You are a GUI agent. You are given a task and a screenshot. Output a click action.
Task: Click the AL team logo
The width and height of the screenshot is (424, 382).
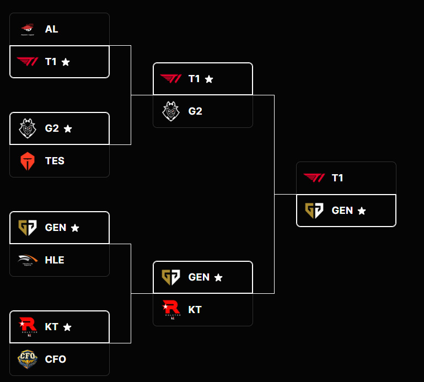tap(27, 29)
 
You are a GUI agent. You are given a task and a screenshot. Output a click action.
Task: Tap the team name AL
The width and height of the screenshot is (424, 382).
tap(51, 29)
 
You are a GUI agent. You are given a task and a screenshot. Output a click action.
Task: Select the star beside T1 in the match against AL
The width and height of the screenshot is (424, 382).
tap(66, 62)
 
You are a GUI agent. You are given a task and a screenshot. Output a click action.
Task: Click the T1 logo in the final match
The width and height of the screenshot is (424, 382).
tap(314, 177)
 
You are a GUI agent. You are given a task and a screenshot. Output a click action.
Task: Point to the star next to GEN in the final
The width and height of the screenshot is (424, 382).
tap(362, 211)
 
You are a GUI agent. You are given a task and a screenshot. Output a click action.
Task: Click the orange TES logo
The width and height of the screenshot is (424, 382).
tap(27, 161)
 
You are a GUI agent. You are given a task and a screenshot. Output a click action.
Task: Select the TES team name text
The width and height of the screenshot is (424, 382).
tap(55, 161)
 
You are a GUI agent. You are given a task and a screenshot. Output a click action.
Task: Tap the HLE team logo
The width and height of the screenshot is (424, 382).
tap(27, 260)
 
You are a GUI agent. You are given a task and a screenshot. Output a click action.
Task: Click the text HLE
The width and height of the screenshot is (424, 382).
tap(55, 260)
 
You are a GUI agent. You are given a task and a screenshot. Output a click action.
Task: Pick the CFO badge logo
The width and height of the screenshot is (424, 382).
tap(27, 359)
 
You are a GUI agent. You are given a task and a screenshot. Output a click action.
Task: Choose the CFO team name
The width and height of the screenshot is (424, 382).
tap(55, 359)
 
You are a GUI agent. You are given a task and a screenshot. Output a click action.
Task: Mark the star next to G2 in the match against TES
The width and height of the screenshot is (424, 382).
tap(68, 128)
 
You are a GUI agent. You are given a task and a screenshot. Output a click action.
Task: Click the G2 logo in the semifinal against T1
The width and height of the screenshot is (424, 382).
tap(170, 111)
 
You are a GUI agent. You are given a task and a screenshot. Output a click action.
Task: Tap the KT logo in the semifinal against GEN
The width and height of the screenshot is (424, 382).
tap(170, 310)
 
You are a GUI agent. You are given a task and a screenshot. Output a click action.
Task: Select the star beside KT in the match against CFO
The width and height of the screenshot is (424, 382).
tap(67, 327)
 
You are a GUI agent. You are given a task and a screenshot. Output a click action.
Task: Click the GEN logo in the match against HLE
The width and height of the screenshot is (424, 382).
tap(27, 228)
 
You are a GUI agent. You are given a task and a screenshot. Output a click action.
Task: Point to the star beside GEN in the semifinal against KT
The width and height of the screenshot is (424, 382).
tap(218, 277)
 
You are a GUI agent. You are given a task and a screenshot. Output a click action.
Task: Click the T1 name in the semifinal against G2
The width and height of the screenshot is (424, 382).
tap(194, 79)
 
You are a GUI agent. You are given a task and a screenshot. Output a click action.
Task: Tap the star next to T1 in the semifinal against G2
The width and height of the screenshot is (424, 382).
tap(209, 79)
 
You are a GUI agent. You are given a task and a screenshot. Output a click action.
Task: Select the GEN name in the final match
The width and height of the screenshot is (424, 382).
tap(342, 211)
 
